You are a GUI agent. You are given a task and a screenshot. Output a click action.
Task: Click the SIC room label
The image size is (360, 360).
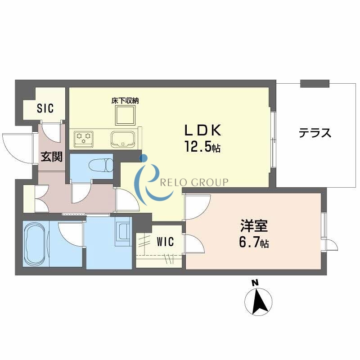(45, 108)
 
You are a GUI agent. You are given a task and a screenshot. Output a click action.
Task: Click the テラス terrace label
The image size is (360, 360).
(315, 133)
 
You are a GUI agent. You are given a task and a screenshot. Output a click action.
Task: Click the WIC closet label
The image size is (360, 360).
(165, 242)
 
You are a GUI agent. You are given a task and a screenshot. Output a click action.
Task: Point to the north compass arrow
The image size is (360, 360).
(258, 301)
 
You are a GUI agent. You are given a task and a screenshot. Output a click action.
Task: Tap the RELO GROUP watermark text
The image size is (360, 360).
(195, 182)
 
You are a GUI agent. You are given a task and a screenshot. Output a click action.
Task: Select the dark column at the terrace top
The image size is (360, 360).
(315, 84)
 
